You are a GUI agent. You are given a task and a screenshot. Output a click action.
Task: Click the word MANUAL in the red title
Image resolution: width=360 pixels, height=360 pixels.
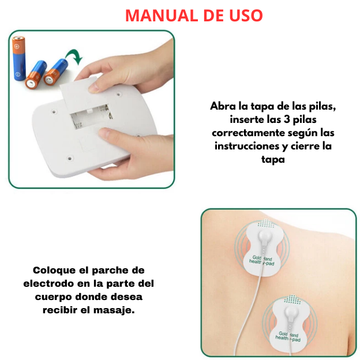tap(162, 16)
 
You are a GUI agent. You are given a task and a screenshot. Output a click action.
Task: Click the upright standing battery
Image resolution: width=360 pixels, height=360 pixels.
tap(19, 58)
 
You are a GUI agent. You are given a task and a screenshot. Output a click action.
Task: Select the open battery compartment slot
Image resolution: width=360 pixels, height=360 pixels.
tap(91, 117)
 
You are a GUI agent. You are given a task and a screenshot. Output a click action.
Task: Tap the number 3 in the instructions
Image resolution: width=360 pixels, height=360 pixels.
tap(287, 119)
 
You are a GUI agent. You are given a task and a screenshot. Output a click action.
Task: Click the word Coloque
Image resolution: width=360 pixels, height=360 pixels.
tap(54, 271)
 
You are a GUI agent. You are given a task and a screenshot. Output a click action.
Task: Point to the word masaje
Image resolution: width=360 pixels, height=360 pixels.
tap(114, 310)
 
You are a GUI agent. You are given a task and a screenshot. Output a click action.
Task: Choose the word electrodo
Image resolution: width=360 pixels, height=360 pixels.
tap(48, 283)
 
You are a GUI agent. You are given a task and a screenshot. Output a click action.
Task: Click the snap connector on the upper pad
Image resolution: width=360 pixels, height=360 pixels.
tap(264, 237)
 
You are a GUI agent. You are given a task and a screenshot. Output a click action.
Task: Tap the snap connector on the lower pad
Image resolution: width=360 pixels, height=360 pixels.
tap(291, 313)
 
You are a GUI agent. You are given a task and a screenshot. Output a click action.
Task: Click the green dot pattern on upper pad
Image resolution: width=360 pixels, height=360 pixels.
tap(266, 223)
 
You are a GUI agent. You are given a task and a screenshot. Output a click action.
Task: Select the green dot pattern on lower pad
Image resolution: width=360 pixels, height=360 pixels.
tap(292, 299)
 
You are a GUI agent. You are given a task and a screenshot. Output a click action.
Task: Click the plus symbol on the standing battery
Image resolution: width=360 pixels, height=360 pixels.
tap(17, 47)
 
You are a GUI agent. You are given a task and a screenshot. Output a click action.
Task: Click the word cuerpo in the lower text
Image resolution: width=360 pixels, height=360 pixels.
tap(54, 297)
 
